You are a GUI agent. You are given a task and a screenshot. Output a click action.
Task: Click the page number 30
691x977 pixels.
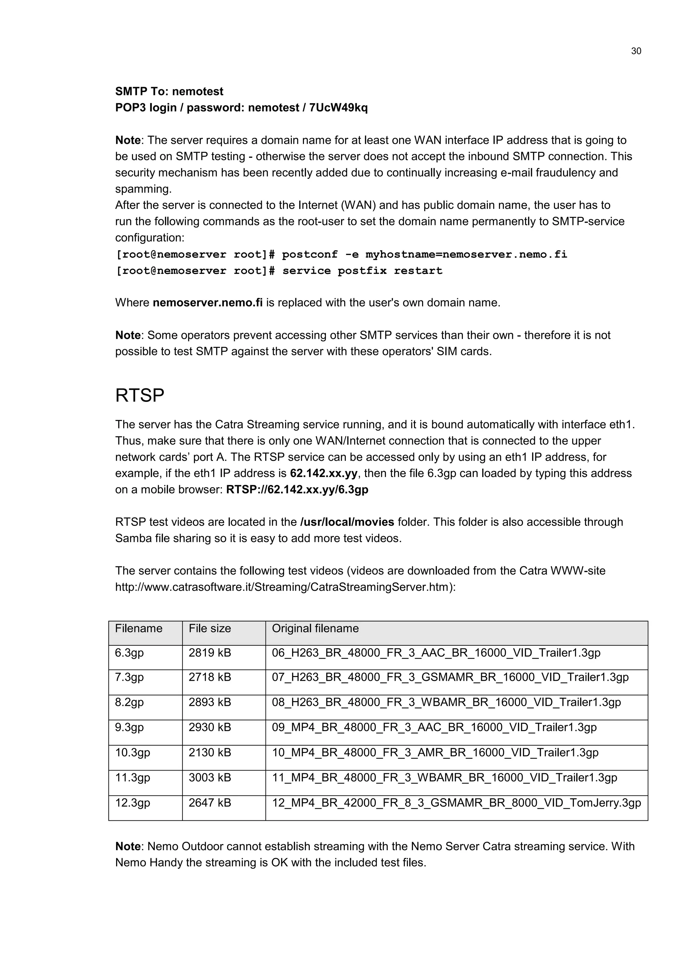[x=636, y=51]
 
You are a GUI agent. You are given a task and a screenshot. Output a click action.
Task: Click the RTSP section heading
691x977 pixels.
[x=140, y=396]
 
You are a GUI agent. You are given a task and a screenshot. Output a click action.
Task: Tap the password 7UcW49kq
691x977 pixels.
[x=338, y=108]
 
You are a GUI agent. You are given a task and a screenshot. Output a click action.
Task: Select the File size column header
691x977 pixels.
[x=210, y=629]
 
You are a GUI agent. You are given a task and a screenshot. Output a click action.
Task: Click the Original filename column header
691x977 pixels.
[x=315, y=629]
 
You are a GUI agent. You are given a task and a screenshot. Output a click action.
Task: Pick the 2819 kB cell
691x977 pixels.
[x=210, y=653]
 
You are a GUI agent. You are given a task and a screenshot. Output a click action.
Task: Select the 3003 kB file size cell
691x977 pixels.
[x=210, y=777]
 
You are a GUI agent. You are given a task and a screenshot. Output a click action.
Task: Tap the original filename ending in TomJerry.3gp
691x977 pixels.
[x=456, y=803]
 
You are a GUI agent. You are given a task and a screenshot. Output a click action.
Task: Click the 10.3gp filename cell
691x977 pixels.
[x=133, y=752]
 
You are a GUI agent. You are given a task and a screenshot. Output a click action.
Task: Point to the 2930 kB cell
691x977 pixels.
[x=210, y=727]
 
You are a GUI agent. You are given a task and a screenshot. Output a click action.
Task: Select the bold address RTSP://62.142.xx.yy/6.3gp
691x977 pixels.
[x=297, y=490]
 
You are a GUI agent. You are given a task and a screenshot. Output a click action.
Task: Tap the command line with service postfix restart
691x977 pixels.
[x=279, y=271]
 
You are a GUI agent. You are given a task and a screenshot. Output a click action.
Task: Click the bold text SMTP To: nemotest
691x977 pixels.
[x=169, y=91]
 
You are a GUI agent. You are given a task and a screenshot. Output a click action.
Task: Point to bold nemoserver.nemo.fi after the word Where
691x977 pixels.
[x=208, y=303]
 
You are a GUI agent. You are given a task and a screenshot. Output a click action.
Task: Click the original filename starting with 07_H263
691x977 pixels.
[x=450, y=677]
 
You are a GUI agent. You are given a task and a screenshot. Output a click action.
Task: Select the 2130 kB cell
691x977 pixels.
[x=210, y=752]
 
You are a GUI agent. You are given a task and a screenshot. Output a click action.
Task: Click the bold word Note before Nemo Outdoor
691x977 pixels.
[x=128, y=846]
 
